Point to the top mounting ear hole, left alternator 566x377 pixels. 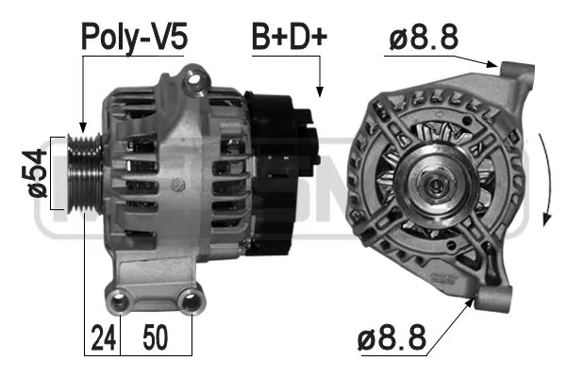(197, 79)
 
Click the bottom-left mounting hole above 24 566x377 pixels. (119, 302)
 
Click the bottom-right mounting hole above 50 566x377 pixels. (191, 302)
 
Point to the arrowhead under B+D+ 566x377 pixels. (320, 92)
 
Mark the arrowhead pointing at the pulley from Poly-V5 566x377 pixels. (83, 128)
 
